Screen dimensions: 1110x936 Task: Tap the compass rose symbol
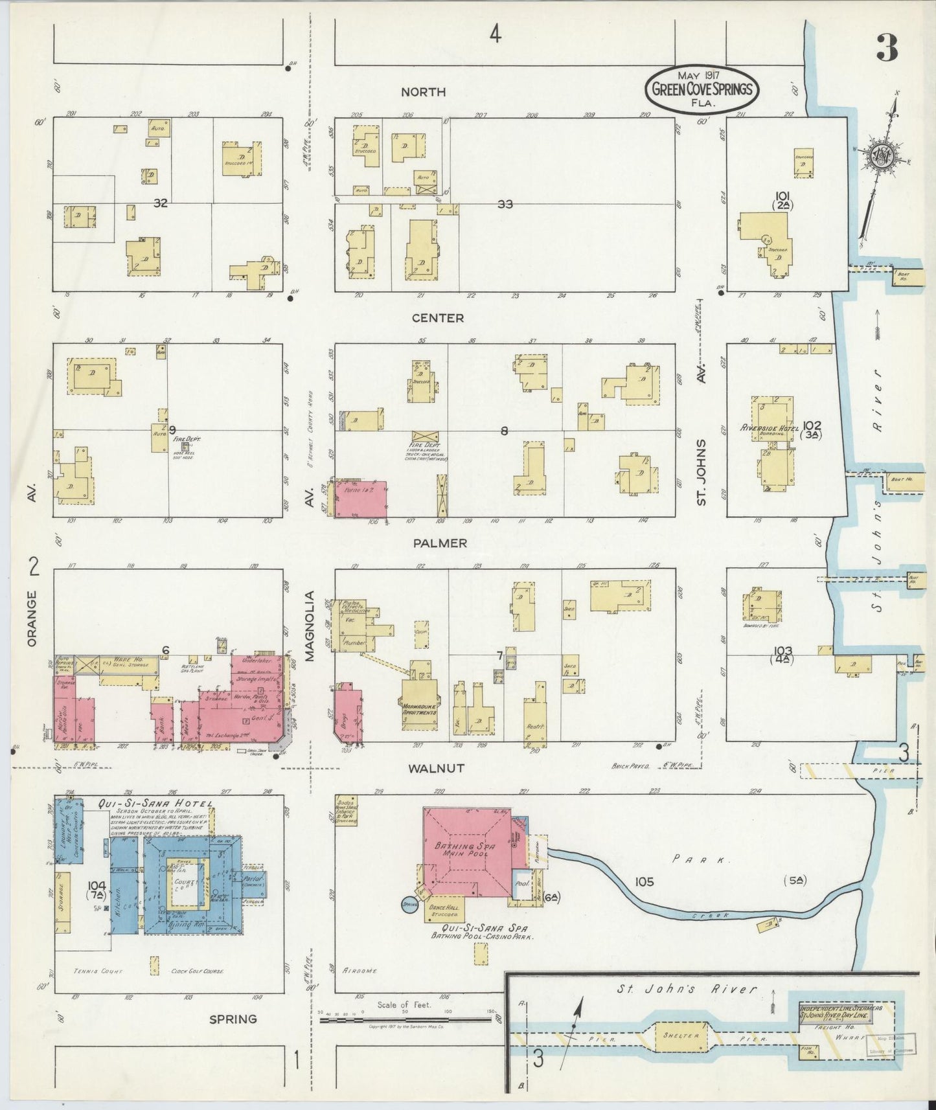882,156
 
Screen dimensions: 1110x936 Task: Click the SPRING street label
233,1019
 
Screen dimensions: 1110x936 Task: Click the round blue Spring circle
409,904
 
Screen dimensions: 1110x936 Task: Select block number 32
161,203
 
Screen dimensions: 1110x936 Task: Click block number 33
505,204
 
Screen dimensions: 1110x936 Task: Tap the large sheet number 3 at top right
887,47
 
